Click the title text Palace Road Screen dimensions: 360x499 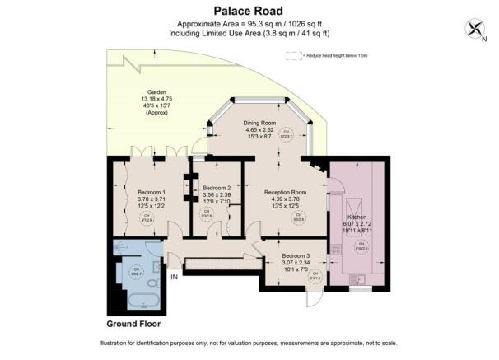(x=249, y=11)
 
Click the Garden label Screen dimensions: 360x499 (x=157, y=92)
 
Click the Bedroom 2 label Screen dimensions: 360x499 (x=217, y=187)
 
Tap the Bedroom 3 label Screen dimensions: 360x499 (x=294, y=255)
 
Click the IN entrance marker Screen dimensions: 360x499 (x=174, y=277)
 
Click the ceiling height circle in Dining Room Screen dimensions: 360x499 (x=287, y=134)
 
